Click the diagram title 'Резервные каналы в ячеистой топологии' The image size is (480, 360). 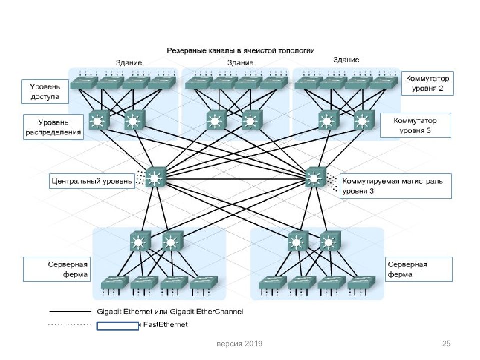[x=240, y=51]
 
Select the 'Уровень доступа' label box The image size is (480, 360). [x=45, y=91]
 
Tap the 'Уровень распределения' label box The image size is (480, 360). [x=53, y=127]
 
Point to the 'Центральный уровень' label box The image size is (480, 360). [x=92, y=181]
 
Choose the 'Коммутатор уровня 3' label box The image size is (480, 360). [x=415, y=125]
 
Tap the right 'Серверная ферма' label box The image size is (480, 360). [x=419, y=269]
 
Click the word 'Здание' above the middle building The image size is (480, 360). [x=240, y=63]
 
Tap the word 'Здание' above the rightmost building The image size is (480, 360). [x=346, y=60]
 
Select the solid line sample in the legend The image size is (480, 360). [x=69, y=312]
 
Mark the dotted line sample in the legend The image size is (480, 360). [x=69, y=325]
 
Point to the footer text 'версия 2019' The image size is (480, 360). [x=239, y=344]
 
